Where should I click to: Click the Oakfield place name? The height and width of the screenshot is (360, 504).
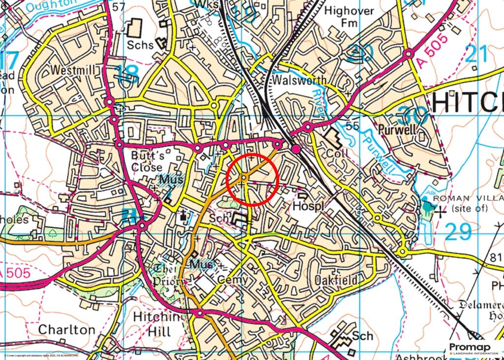tap(336, 280)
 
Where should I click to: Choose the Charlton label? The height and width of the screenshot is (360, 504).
tap(66, 329)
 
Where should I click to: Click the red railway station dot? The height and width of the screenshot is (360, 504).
tap(296, 149)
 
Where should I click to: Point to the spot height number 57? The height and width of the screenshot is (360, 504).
tap(118, 7)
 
